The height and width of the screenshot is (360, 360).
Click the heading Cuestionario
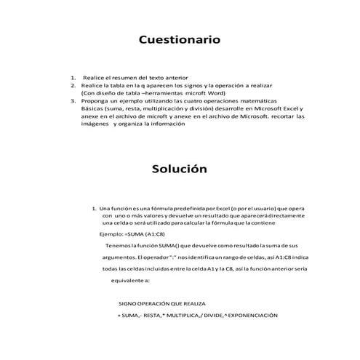(179, 40)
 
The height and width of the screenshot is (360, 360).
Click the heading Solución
(180, 169)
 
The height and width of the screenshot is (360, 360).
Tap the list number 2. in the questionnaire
(73, 85)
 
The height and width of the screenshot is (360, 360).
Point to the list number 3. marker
(73, 100)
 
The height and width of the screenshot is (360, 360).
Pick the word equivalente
(131, 280)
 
